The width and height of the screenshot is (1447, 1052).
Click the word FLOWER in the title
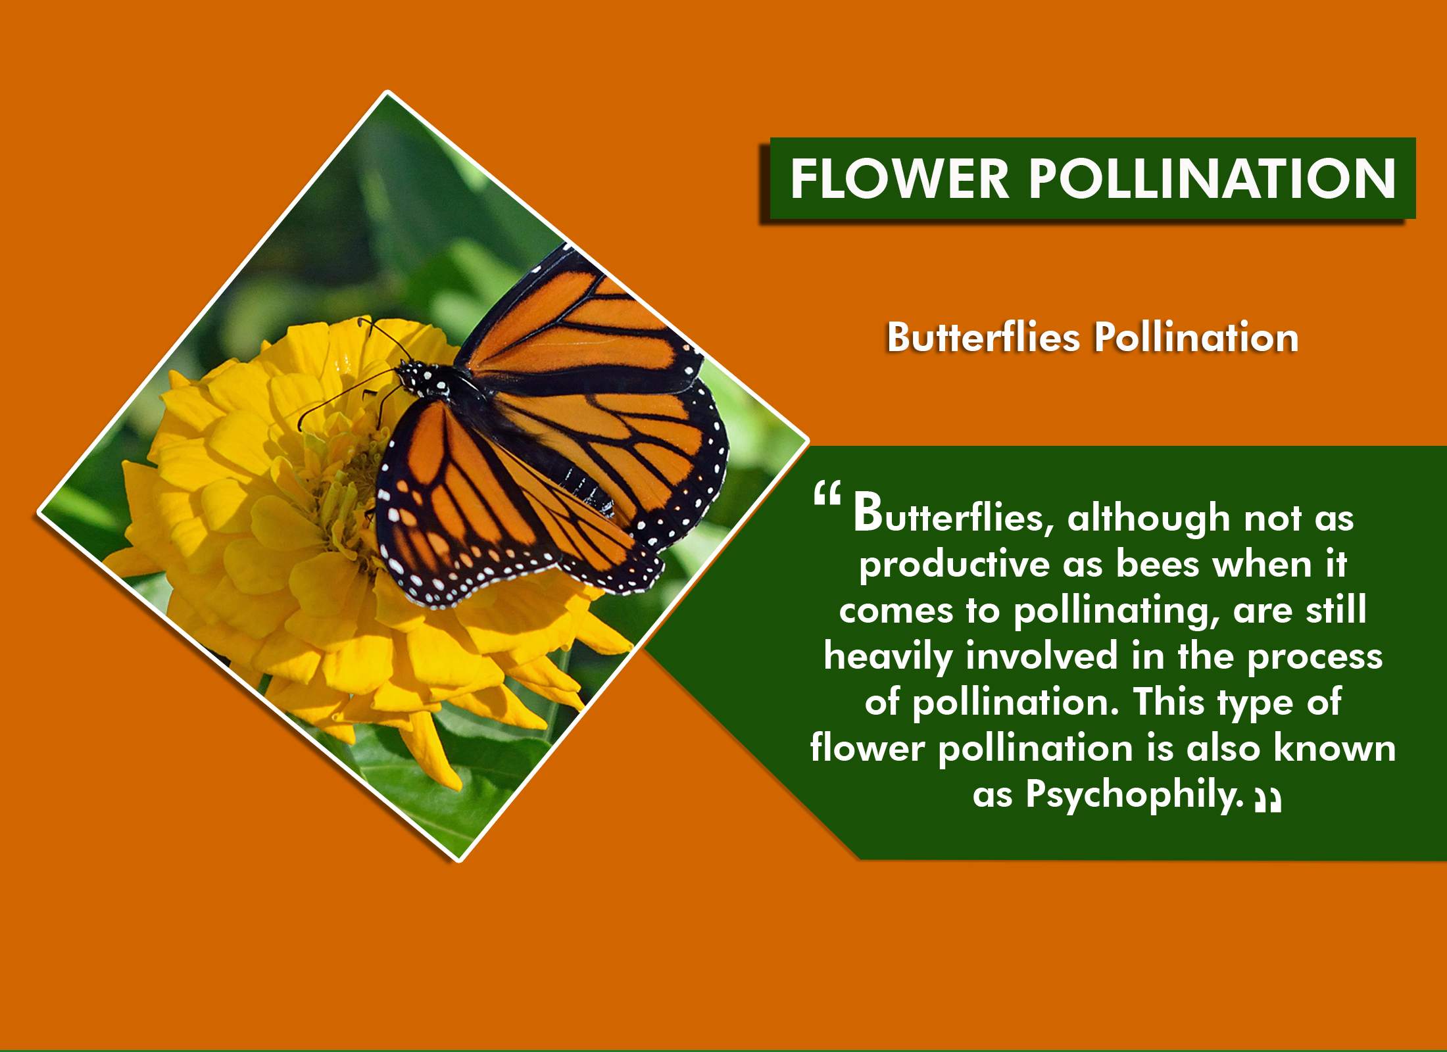(x=899, y=178)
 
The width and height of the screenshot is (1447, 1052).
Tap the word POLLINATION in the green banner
(x=1212, y=178)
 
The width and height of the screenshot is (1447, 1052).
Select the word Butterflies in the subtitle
(x=984, y=337)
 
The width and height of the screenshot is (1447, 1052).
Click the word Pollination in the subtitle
(x=1196, y=337)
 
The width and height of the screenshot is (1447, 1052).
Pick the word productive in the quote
(x=954, y=565)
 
